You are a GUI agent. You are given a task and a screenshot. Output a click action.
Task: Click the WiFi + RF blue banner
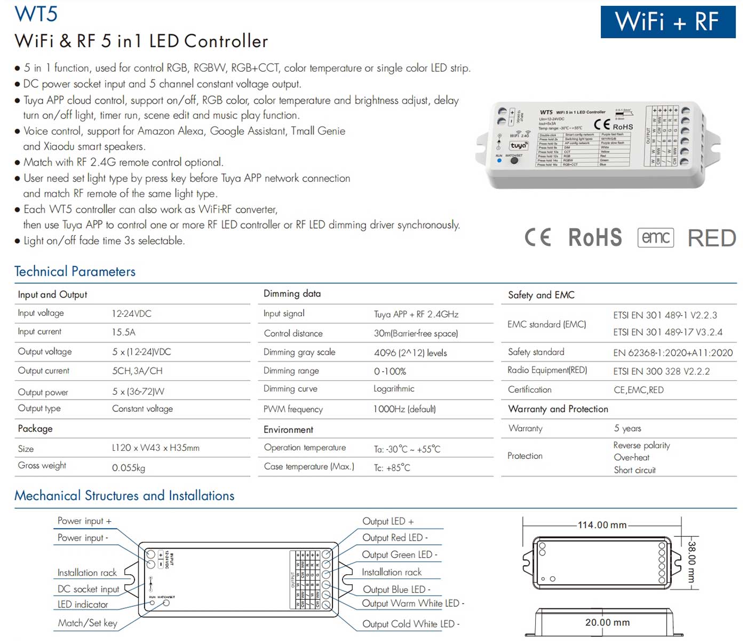tap(667, 22)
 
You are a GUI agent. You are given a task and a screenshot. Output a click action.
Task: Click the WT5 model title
tap(36, 14)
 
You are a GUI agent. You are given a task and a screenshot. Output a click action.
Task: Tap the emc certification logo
tap(655, 237)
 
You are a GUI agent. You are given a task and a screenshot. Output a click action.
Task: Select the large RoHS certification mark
tap(595, 238)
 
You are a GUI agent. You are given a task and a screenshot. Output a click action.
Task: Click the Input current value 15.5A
tap(123, 332)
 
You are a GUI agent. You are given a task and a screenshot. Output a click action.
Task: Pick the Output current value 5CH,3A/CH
tap(137, 371)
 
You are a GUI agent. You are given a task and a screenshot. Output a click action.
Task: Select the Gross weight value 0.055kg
tap(128, 468)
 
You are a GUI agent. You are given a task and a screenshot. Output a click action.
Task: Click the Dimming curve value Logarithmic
tap(394, 389)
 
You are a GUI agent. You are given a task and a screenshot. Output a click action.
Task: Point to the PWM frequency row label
tap(293, 409)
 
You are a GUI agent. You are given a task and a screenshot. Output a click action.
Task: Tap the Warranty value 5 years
tap(627, 428)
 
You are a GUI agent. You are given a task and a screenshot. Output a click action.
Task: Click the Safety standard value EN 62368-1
tap(673, 353)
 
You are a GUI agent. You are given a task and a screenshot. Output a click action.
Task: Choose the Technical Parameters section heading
tap(75, 271)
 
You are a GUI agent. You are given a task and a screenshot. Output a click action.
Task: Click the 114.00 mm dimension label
tap(602, 525)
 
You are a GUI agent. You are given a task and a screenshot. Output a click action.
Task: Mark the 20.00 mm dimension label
tap(607, 622)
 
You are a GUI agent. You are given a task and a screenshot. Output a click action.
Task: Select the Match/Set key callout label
tap(88, 623)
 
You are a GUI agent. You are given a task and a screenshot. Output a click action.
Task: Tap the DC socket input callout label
tap(88, 589)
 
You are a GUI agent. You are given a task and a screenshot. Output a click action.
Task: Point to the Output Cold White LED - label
tap(410, 624)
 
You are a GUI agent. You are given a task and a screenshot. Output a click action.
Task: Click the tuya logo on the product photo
tap(519, 145)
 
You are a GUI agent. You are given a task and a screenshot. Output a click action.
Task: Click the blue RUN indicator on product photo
tap(499, 160)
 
